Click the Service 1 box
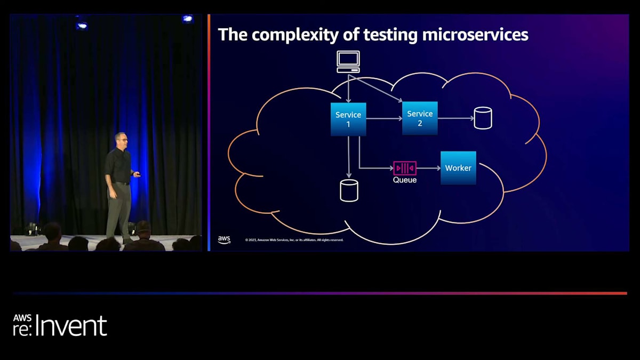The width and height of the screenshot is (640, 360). pyautogui.click(x=348, y=119)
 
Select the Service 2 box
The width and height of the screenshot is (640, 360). pyautogui.click(x=420, y=118)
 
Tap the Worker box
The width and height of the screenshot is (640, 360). pyautogui.click(x=458, y=168)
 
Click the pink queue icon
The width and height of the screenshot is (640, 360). pyautogui.click(x=405, y=168)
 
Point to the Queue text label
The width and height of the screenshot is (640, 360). pyautogui.click(x=405, y=180)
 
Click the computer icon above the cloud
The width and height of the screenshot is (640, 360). pyautogui.click(x=348, y=61)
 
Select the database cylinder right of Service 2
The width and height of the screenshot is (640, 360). pyautogui.click(x=483, y=118)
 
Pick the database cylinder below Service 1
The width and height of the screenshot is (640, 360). pyautogui.click(x=349, y=190)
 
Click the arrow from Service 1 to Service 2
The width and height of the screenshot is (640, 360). pyautogui.click(x=384, y=118)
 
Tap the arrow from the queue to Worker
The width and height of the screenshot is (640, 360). pyautogui.click(x=428, y=168)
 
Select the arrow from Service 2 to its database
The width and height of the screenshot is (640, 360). pyautogui.click(x=455, y=118)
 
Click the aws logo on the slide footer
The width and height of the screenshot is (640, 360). pyautogui.click(x=224, y=239)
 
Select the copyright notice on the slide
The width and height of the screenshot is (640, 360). pyautogui.click(x=294, y=240)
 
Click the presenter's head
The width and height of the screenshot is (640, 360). pyautogui.click(x=121, y=139)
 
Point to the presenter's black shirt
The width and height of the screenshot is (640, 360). pyautogui.click(x=119, y=166)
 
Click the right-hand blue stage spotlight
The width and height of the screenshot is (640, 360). pyautogui.click(x=187, y=19)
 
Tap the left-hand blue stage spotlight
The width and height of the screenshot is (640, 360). pyautogui.click(x=82, y=25)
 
